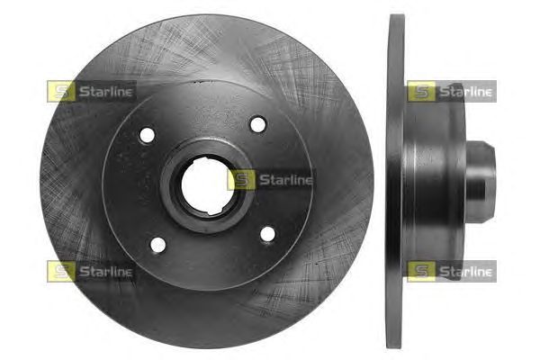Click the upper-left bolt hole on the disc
[x=147, y=135]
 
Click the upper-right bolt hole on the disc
[x=258, y=124]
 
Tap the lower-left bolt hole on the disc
[x=158, y=245]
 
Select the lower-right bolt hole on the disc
[x=267, y=234]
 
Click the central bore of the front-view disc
[x=207, y=185]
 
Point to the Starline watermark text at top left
[x=105, y=92]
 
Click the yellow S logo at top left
[x=61, y=91]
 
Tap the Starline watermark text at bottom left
[x=105, y=272]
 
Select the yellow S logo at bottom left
[x=61, y=272]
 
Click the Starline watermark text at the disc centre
[x=286, y=180]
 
